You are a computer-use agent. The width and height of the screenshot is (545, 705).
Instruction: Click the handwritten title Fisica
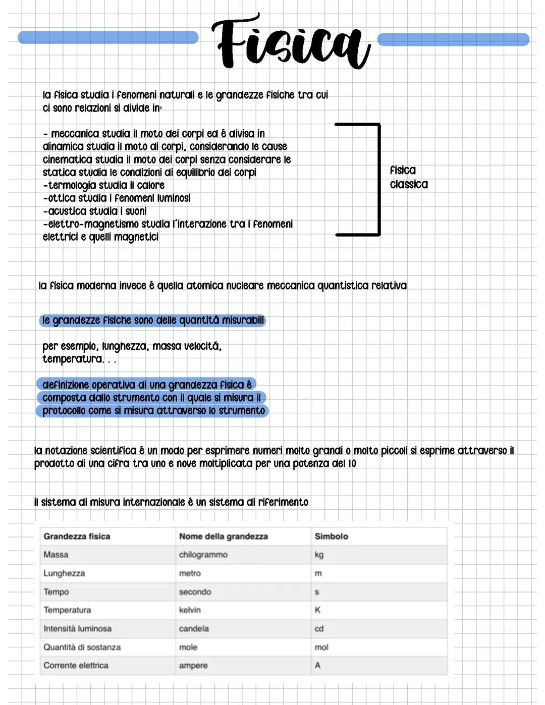[x=291, y=43]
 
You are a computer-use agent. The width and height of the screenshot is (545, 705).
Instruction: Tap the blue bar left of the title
[x=108, y=37]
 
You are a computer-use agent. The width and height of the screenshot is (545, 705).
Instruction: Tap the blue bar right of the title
[x=453, y=39]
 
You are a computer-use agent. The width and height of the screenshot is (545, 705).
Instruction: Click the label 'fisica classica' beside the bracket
[x=408, y=177]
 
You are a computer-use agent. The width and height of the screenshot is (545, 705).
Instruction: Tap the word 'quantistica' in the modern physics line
[x=343, y=286]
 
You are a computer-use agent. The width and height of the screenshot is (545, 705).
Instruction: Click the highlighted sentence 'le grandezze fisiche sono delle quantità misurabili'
[x=152, y=320]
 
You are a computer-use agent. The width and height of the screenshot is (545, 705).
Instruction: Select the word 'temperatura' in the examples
[x=73, y=359]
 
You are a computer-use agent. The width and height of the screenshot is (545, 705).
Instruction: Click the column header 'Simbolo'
[x=331, y=536]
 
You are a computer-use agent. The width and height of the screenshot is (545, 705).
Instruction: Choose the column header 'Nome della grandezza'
[x=223, y=536]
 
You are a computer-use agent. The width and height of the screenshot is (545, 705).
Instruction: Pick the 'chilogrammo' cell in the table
[x=203, y=555]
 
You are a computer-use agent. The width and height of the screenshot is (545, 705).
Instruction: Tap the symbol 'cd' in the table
[x=319, y=629]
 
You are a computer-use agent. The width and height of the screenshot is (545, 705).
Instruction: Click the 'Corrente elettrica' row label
[x=76, y=666]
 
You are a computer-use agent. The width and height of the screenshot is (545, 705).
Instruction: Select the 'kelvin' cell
[x=190, y=610]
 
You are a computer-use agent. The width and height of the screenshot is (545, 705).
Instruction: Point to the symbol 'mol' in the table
[x=321, y=647]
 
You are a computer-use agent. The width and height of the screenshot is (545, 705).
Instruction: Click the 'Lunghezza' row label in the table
[x=64, y=573]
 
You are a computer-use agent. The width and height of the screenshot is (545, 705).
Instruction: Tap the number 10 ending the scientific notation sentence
[x=352, y=463]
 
